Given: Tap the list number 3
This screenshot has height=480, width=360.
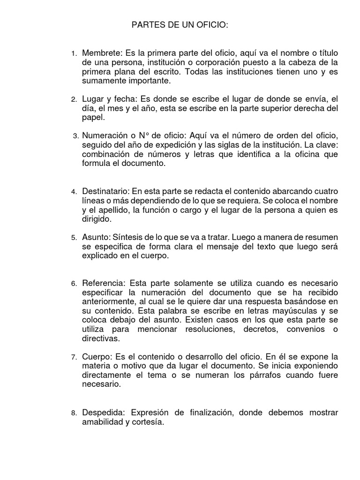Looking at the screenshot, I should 75,136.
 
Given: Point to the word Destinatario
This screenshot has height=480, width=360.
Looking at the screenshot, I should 105,192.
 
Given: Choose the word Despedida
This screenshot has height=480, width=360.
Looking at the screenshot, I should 103,412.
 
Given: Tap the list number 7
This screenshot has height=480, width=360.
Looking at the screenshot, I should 74,358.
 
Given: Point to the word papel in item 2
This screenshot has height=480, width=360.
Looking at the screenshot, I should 92,118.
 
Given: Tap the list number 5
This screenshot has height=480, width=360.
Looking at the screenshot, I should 74,238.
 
